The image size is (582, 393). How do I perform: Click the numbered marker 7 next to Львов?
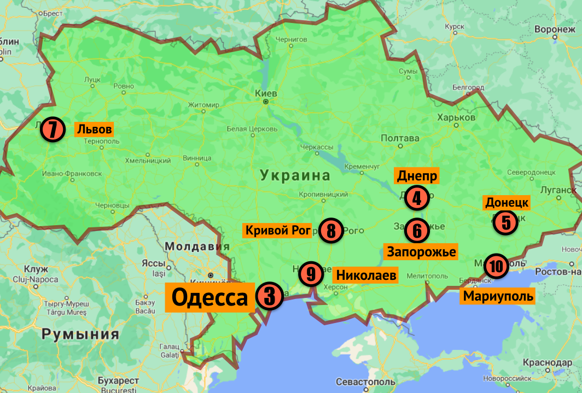pos(53,130)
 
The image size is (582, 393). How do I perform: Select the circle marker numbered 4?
pos(417,198)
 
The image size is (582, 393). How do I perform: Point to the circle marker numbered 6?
pos(417,231)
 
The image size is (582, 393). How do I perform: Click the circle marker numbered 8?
pos(331,231)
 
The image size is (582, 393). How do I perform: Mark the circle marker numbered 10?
pos(496,266)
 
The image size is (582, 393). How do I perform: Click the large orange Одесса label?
pos(210,298)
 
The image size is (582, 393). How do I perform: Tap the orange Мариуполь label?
pos(497,296)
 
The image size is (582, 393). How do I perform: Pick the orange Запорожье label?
pos(421,251)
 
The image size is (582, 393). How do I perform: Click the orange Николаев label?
pos(366,274)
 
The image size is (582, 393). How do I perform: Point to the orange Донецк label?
pos(507,203)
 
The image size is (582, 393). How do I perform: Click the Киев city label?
pos(266,93)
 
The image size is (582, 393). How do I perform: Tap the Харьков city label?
pos(456,118)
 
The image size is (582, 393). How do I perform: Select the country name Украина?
pos(295,175)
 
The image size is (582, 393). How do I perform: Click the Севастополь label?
pos(365,381)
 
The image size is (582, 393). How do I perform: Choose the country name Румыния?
pos(80,334)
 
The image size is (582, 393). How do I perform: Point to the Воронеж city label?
pos(555,29)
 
